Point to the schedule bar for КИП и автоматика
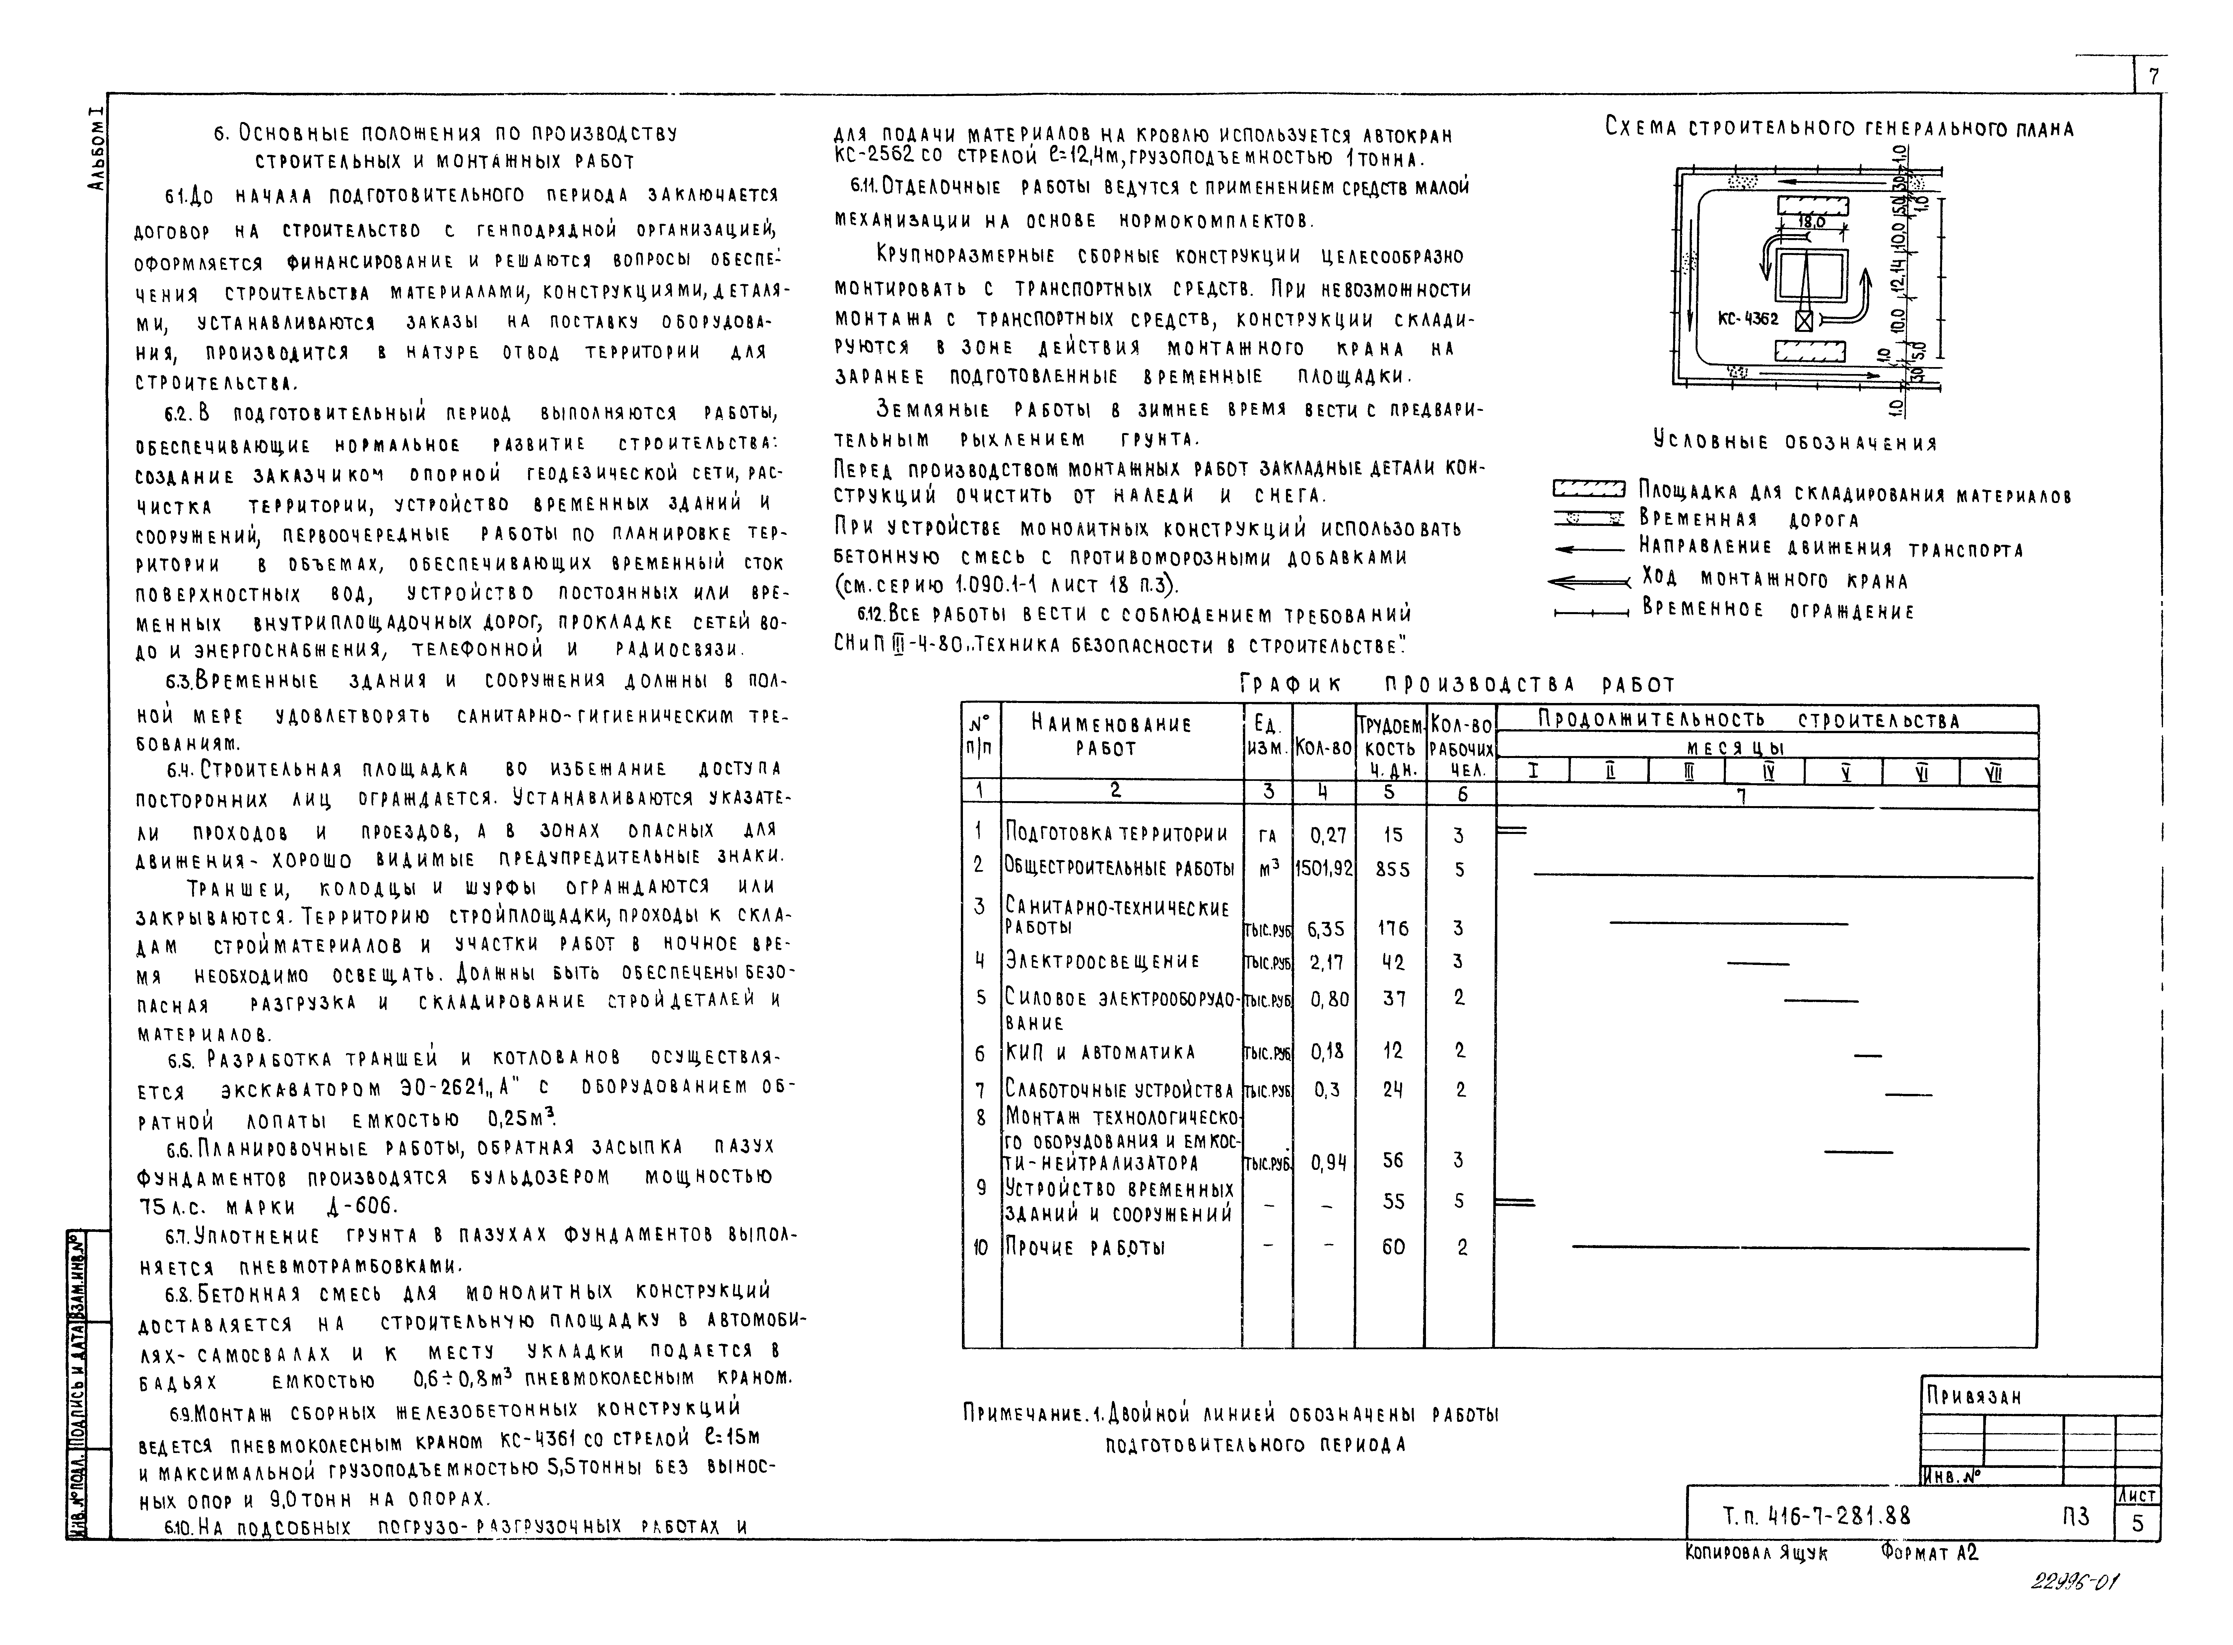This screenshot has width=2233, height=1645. pyautogui.click(x=1867, y=1054)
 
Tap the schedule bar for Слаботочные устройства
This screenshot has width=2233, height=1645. pyautogui.click(x=1908, y=1095)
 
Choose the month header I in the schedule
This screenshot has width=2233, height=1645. pyautogui.click(x=1533, y=772)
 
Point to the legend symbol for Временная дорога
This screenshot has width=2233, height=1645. pyautogui.click(x=1590, y=519)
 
